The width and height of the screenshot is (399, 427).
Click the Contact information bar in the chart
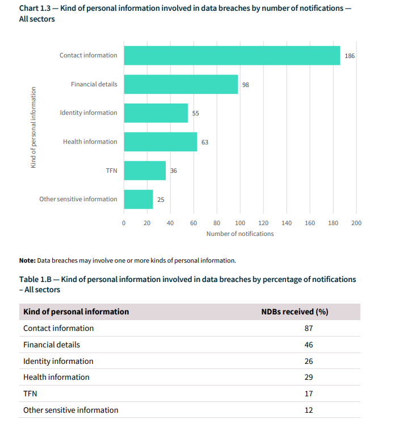tap(232, 55)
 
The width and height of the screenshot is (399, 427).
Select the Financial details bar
tap(180, 84)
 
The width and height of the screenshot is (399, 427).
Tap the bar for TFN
tap(145, 170)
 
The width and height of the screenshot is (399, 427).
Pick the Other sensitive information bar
tap(138, 199)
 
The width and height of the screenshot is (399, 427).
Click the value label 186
tap(350, 56)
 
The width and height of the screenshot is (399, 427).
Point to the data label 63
tap(205, 142)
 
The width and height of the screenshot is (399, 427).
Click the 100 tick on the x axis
tap(240, 223)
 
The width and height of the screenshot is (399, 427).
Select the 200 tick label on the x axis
tap(356, 223)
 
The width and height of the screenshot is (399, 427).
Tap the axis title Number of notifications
tap(240, 234)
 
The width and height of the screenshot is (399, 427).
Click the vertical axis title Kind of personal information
tap(33, 127)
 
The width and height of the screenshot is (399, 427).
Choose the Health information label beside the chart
tap(90, 142)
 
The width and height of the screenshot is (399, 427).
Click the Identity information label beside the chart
tap(88, 113)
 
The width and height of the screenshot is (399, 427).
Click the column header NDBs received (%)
tap(294, 312)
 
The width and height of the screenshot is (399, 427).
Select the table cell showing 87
tap(308, 328)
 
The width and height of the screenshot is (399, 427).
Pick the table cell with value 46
tap(308, 345)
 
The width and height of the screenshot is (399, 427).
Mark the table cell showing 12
tap(308, 410)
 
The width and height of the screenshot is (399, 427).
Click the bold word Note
tap(27, 260)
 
